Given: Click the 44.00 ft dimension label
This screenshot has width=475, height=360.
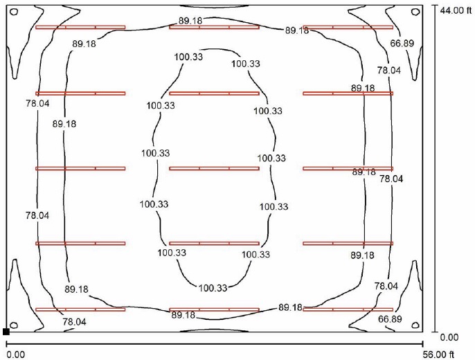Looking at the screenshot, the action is point(456,10).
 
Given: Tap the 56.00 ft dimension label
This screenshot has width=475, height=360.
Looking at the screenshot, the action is point(438,354).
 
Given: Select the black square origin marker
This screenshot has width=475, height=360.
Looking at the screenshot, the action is point(6,332).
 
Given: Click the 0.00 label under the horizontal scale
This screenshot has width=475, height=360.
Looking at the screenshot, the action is point(15,354).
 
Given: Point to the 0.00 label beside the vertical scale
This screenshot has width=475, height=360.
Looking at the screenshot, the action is point(449,337).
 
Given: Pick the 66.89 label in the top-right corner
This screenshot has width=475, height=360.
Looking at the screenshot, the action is point(402,44).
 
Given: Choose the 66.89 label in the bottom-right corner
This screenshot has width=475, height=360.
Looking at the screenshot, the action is point(390,319).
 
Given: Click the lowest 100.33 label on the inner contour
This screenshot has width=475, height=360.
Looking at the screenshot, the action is point(213,287).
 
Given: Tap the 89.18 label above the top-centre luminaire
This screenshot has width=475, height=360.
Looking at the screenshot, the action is point(190,21).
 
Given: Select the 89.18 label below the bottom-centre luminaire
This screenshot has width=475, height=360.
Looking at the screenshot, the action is point(183,315).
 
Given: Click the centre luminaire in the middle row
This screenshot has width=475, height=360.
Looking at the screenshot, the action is point(214,168).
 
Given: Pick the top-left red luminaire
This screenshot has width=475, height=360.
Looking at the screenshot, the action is point(80,27).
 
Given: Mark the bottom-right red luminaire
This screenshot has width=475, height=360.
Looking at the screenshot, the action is point(348,309).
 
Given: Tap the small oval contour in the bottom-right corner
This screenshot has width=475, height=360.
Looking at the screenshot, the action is point(415,325).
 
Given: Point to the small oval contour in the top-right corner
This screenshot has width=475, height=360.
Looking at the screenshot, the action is point(415,12).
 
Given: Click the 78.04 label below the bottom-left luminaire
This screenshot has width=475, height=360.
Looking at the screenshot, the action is point(74,321).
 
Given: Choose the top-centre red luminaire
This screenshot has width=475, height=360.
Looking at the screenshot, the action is point(214,27).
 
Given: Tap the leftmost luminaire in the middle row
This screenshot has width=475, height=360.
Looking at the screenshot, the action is point(80,168).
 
